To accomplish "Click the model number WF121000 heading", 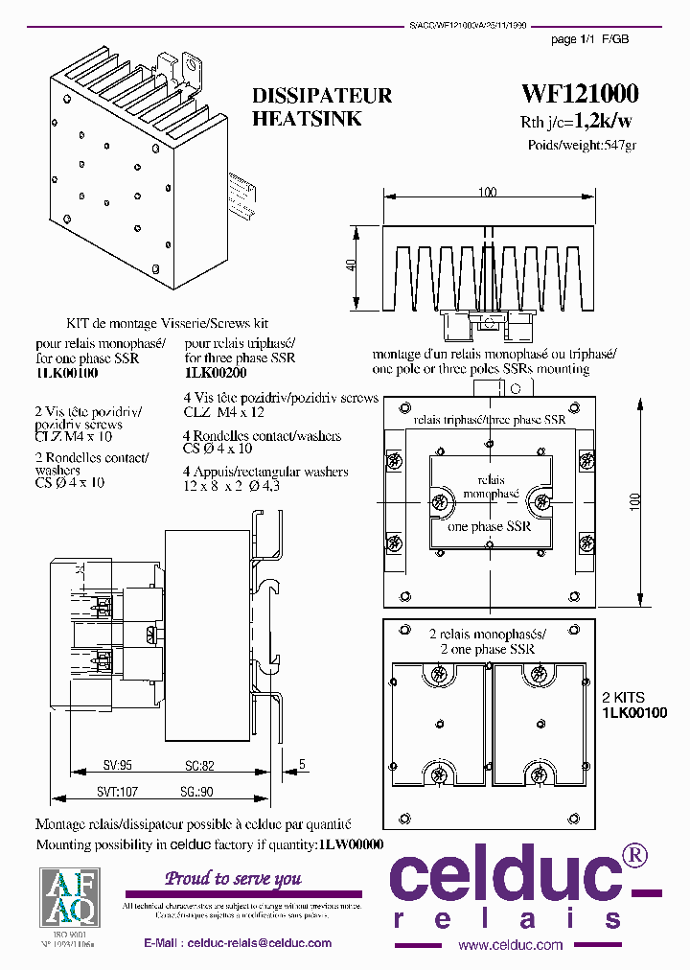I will click(580, 94).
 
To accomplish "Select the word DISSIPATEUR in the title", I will click(322, 97).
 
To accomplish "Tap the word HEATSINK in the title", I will click(307, 120).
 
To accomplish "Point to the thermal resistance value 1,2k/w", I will click(603, 122).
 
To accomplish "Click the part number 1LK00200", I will click(216, 372).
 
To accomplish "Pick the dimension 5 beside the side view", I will click(302, 764).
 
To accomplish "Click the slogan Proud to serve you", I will click(234, 878).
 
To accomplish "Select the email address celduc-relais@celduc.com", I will click(260, 943).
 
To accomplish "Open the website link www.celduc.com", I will click(510, 945).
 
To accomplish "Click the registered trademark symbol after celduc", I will click(634, 855).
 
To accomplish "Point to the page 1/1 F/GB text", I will click(590, 39).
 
